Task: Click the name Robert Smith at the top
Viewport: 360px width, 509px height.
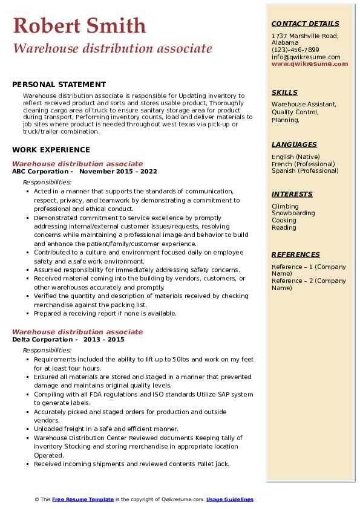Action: (x=79, y=25)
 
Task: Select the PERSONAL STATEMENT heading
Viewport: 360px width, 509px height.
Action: (x=59, y=85)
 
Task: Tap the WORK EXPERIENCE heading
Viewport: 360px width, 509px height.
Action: (x=51, y=150)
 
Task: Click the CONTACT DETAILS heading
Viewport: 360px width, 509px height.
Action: (x=305, y=24)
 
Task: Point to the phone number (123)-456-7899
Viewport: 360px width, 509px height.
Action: (x=295, y=50)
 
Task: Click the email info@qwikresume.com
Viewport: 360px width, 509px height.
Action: (x=306, y=57)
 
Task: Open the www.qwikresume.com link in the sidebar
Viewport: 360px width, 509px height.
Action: (x=310, y=63)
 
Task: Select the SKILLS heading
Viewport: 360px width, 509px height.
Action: (x=284, y=92)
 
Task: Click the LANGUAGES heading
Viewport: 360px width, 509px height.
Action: (x=294, y=144)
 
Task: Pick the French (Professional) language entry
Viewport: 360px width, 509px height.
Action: (x=303, y=164)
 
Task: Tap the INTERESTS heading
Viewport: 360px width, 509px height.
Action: (x=292, y=194)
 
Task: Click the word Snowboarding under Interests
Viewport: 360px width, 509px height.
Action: (x=293, y=213)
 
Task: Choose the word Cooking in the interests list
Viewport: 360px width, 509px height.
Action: (x=284, y=221)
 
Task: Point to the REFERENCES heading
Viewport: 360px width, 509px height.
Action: (x=296, y=254)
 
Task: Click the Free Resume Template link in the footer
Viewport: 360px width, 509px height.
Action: (x=83, y=499)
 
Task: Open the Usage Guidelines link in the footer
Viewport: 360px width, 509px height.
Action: (x=229, y=499)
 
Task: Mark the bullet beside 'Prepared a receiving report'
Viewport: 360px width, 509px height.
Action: (x=28, y=314)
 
